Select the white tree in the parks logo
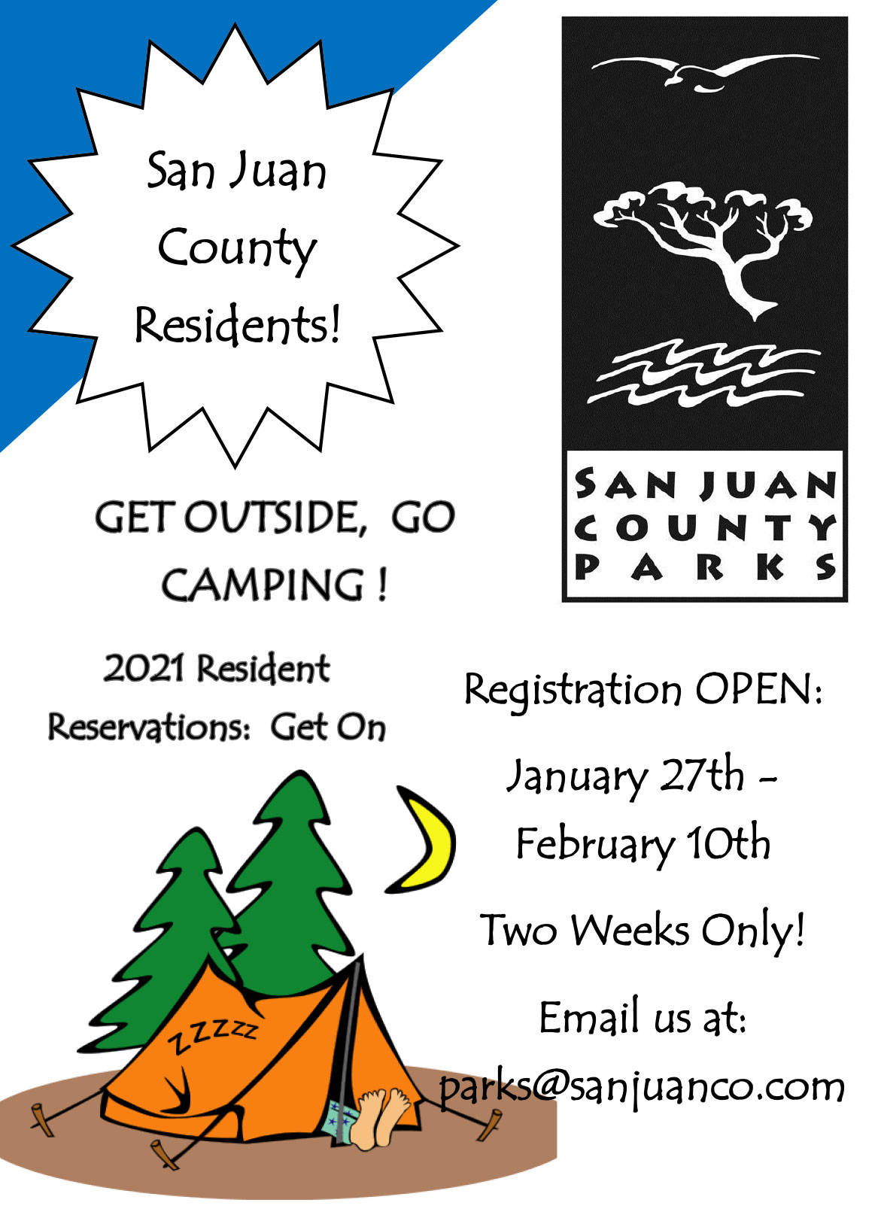coord(703,248)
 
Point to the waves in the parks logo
coord(703,373)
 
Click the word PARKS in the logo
coord(706,567)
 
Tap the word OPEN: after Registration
coord(758,690)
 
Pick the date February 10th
coord(643,845)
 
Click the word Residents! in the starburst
coord(238,325)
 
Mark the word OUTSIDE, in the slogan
coord(275,517)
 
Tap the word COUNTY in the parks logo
coord(706,527)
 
